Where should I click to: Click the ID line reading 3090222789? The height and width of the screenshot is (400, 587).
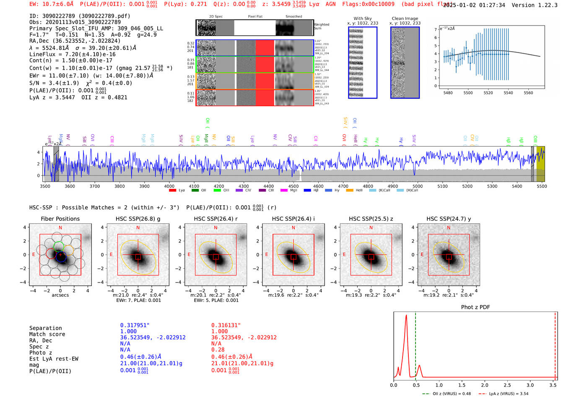pos(80,16)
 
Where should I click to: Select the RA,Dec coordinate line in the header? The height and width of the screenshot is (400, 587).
pos(75,41)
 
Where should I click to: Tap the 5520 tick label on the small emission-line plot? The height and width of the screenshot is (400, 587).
pos(488,93)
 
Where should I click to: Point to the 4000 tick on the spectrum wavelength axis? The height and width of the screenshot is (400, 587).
pos(169,186)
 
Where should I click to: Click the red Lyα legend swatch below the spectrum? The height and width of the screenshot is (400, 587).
pos(172,191)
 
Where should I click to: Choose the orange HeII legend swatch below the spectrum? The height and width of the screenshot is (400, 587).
pos(350,191)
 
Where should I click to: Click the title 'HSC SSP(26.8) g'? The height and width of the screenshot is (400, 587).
pos(138,219)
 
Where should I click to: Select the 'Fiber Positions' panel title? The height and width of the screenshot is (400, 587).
pos(60,219)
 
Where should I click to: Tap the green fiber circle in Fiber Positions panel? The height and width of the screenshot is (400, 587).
pos(59,246)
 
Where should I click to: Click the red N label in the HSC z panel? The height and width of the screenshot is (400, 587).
pos(371,227)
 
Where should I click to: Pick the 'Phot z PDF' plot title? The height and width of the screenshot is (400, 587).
pos(475,307)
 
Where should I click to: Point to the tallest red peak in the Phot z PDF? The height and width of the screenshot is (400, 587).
pos(406,316)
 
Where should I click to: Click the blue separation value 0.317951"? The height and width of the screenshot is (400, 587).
pos(135,325)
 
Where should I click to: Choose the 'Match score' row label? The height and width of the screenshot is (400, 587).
pos(47,334)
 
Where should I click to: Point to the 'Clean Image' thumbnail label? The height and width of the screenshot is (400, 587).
pos(405,18)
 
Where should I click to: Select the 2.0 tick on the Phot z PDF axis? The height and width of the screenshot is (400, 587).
pos(484,385)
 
